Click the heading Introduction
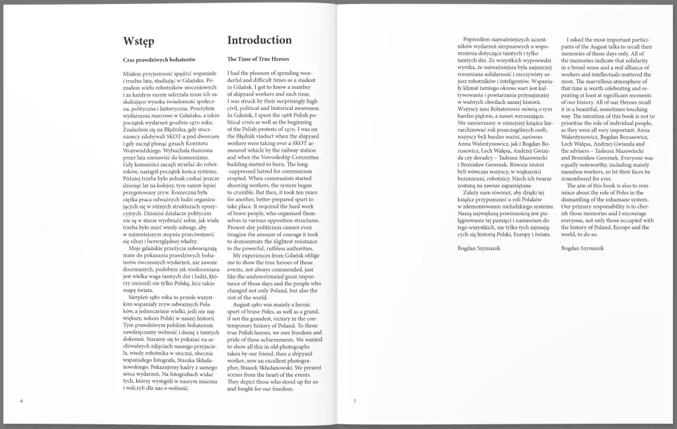(259, 40)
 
